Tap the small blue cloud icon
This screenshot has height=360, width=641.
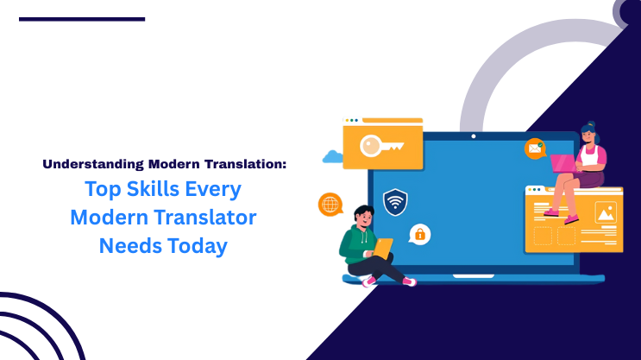(332, 157)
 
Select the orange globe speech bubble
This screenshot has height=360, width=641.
(330, 205)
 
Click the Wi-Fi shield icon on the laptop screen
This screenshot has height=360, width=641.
(395, 202)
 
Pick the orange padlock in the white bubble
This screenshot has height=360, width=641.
(419, 233)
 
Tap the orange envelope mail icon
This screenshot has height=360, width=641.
(535, 149)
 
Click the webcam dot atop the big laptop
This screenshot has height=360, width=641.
(473, 136)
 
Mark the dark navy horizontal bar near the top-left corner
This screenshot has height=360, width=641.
(81, 18)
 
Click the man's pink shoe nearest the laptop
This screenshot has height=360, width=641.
(409, 281)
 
